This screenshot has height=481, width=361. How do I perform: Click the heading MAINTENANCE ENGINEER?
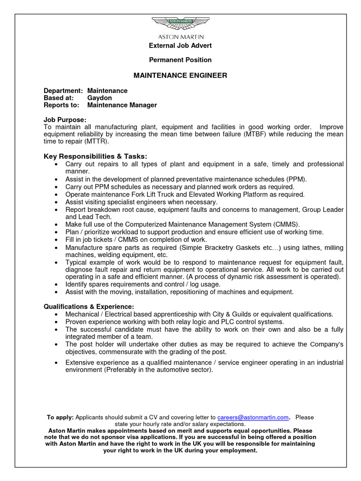pos(180,75)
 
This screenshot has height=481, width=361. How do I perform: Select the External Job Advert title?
pos(180,46)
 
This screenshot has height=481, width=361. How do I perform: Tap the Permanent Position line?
pos(180,60)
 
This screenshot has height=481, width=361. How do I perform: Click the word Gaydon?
pos(100,98)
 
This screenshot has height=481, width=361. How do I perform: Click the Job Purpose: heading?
pos(65,120)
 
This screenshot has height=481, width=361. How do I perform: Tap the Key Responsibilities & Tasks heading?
pos(95,156)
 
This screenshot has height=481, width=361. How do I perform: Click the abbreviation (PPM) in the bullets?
pos(296,179)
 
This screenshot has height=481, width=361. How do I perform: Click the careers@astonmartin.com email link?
pos(252,417)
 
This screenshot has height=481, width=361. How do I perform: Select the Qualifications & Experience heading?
pos(89,306)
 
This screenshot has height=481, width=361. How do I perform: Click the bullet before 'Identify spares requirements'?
pos(56,285)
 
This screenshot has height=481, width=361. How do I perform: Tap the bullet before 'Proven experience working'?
pos(56,322)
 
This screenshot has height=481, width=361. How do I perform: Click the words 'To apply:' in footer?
pos(60,417)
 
